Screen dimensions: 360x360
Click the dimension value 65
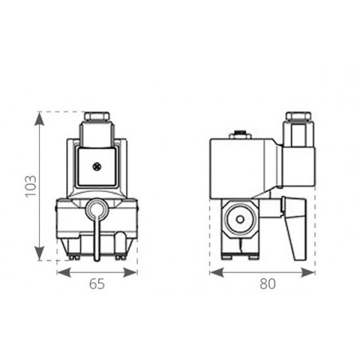[x=96, y=283]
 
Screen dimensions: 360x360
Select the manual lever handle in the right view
[x=298, y=231]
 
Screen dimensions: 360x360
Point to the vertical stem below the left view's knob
[x=96, y=239]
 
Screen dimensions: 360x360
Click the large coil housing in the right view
[x=243, y=167]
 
